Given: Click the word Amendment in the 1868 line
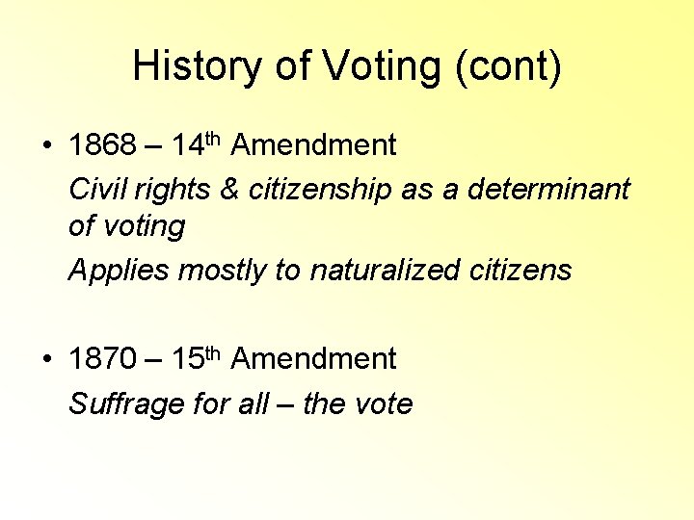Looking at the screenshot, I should coord(313,146).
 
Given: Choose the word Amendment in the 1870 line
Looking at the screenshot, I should coord(313,360).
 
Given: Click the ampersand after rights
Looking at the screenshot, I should coord(229,190).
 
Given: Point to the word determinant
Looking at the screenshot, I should coord(548,190).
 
